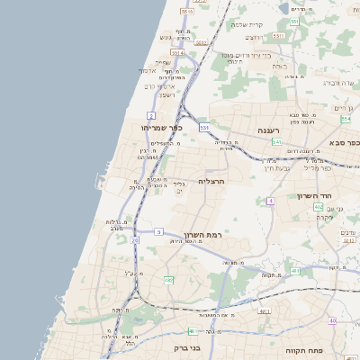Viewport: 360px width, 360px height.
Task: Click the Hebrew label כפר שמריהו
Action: click(x=162, y=128)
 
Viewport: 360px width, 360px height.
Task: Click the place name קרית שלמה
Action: click(x=247, y=24)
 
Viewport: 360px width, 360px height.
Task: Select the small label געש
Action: click(x=165, y=38)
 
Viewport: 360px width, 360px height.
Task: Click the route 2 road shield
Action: click(x=151, y=116)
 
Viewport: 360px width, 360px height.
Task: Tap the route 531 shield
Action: click(x=204, y=128)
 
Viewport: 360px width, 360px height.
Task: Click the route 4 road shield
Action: click(x=269, y=201)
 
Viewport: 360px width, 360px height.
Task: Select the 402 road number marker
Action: click(x=319, y=208)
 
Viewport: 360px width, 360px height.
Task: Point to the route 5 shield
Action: click(x=157, y=232)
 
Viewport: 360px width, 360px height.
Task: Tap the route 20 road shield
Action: click(x=135, y=241)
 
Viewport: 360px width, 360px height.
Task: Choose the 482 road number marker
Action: click(x=168, y=281)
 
